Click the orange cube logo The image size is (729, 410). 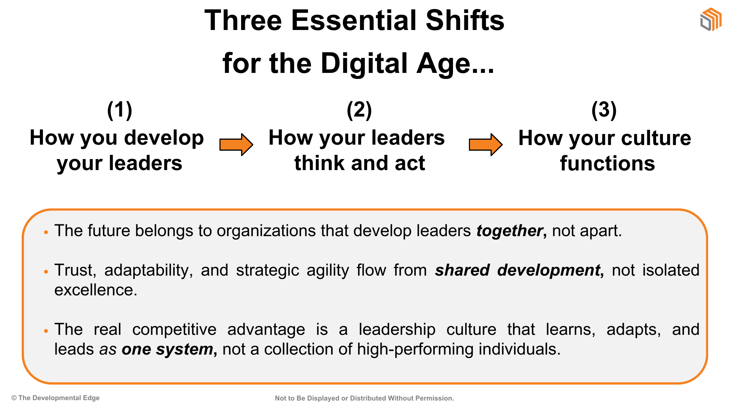711,19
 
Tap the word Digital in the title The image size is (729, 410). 364,63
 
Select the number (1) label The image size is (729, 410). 120,110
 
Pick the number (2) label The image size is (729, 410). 359,110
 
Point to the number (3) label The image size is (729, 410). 604,110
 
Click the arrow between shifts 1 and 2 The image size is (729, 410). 236,145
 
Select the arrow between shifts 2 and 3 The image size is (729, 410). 486,145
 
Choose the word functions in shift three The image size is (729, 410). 607,164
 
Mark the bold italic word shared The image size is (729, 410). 462,270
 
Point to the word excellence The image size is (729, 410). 96,290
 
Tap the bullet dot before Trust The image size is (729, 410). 46,272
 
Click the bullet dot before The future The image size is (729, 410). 46,232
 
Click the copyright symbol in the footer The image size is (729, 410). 14,398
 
